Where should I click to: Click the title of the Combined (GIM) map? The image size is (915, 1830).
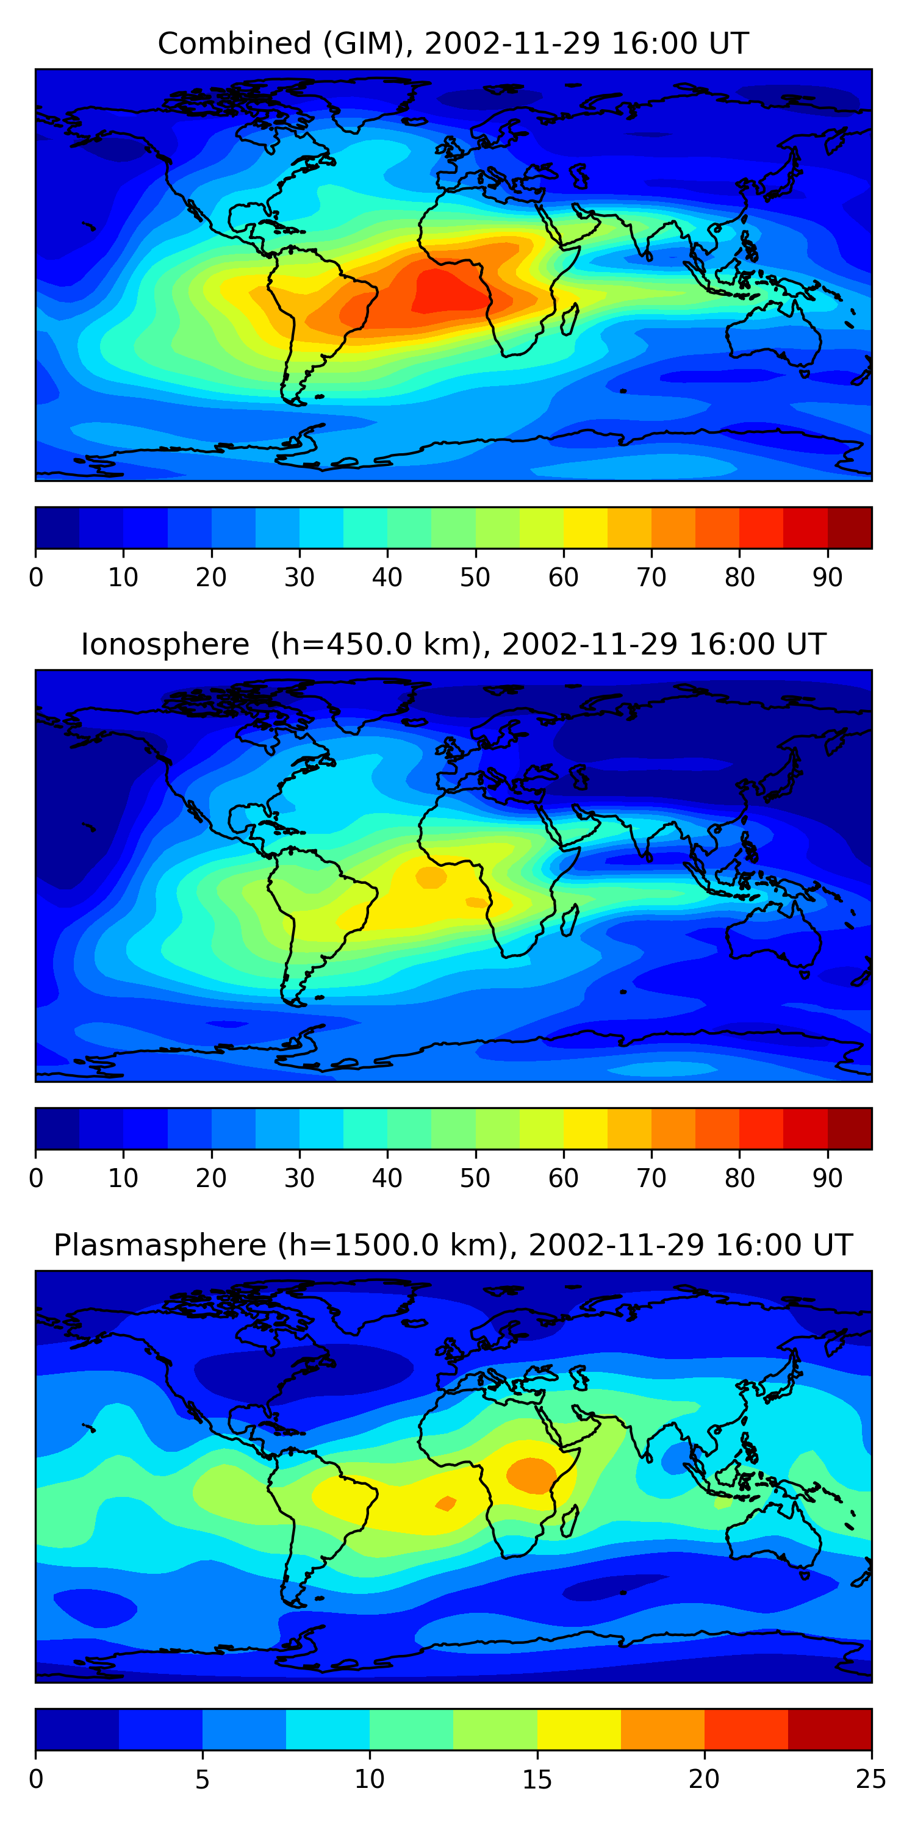[x=453, y=43]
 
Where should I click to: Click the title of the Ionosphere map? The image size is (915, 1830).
[x=453, y=644]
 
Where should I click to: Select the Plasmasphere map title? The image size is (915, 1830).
[x=453, y=1246]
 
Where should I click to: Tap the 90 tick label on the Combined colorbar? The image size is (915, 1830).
[x=828, y=577]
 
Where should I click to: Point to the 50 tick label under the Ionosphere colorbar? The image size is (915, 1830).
[x=475, y=1178]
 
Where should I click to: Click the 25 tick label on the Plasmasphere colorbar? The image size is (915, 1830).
[x=871, y=1779]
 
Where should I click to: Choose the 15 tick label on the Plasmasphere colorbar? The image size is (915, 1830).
[x=537, y=1779]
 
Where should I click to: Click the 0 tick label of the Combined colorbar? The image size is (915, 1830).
[x=36, y=577]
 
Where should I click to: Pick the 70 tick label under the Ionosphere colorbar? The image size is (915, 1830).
[x=651, y=1178]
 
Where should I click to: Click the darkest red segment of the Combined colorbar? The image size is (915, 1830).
[x=850, y=528]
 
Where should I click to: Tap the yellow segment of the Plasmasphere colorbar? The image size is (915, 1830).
[x=579, y=1729]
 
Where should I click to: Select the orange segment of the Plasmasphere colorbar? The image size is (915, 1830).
[x=663, y=1729]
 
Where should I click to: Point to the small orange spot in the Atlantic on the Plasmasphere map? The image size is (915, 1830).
[x=446, y=1503]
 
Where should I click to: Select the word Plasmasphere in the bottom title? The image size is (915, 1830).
[x=160, y=1246]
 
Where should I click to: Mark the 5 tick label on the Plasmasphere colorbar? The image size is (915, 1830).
[x=203, y=1779]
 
